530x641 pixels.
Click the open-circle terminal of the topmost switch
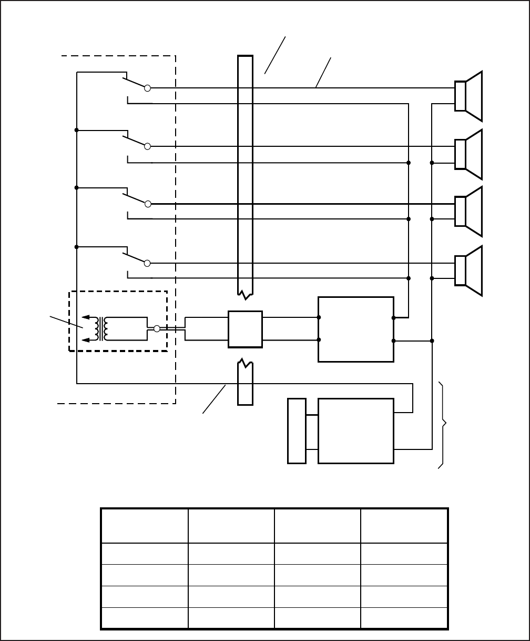click(x=148, y=88)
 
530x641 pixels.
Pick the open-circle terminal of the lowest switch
click(x=148, y=263)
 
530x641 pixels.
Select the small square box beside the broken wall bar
click(x=245, y=329)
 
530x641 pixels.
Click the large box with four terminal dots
click(x=356, y=329)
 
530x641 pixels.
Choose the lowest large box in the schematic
click(x=356, y=431)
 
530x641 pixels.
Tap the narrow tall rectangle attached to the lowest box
click(x=297, y=431)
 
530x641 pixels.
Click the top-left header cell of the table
click(x=145, y=526)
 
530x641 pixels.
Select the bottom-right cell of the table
click(x=404, y=618)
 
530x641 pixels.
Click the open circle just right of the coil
click(x=157, y=328)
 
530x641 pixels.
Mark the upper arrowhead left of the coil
click(x=86, y=318)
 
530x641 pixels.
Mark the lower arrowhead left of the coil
click(x=86, y=340)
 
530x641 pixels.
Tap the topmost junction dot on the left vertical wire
click(x=77, y=130)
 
